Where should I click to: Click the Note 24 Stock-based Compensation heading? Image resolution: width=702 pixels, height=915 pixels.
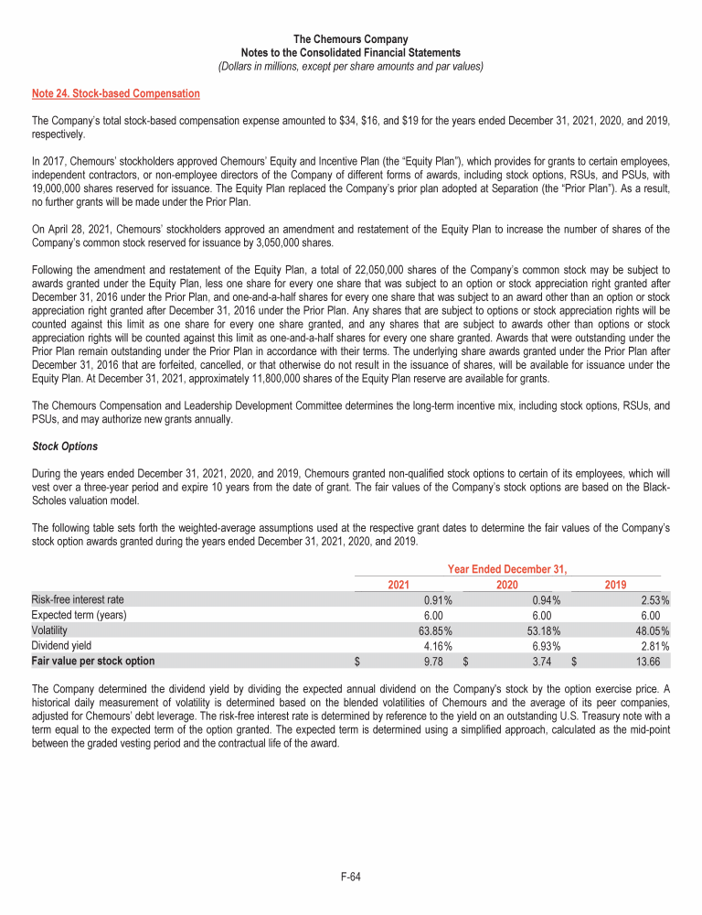115,94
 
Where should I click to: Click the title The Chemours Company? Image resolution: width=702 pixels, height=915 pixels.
351,40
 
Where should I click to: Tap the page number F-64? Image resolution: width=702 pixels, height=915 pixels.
351,877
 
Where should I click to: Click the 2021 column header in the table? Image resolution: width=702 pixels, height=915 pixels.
399,584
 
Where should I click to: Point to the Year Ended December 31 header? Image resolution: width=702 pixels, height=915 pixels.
507,569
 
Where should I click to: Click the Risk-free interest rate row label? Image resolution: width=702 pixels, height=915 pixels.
78,600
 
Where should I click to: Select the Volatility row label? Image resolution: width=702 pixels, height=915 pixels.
49,630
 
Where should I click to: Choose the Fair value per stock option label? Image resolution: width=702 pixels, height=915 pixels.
92,661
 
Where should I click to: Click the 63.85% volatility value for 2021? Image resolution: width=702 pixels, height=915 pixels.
436,630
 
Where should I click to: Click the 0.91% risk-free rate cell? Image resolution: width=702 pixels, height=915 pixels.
439,600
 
